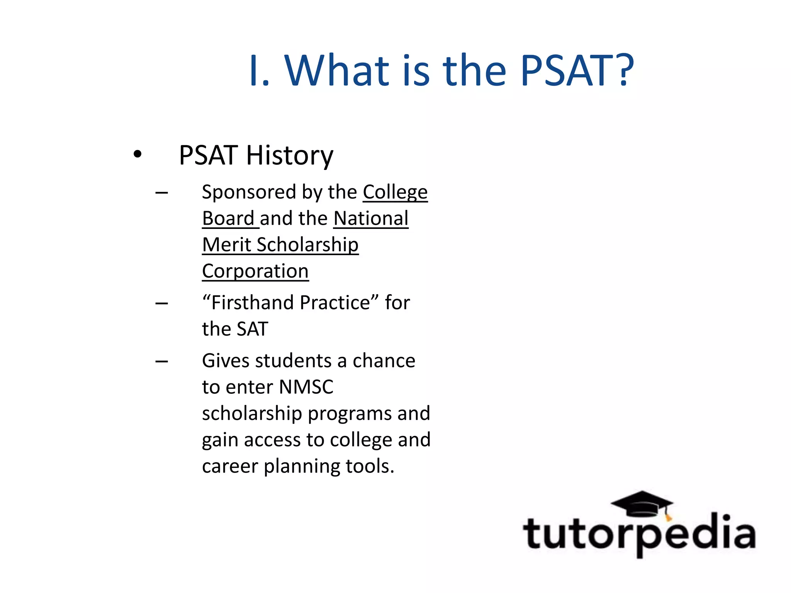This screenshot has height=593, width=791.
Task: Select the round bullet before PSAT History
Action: (137, 154)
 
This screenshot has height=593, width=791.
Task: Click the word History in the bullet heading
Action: (289, 156)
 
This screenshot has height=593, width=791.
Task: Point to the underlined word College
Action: (395, 192)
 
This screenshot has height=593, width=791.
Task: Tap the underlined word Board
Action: (228, 219)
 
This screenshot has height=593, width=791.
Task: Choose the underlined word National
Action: (371, 219)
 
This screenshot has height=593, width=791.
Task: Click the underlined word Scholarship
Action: (307, 245)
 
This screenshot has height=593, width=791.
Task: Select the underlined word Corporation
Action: (255, 271)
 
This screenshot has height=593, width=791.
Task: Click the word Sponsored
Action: (249, 192)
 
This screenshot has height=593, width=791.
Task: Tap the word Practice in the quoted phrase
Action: (335, 303)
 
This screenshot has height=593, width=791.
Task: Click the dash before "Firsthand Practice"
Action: (161, 303)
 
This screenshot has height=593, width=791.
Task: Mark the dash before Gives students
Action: (161, 362)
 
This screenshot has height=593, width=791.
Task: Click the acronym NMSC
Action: (306, 387)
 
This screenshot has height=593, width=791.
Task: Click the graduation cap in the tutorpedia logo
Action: (642, 503)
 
